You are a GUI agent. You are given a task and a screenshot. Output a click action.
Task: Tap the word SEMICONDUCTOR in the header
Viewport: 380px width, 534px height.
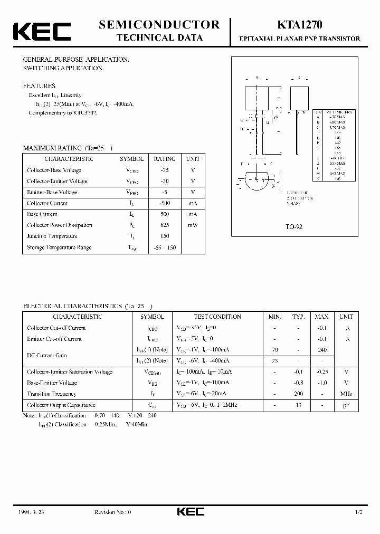pos(159,24)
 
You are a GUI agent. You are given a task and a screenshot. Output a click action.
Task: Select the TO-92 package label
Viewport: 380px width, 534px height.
pos(293,226)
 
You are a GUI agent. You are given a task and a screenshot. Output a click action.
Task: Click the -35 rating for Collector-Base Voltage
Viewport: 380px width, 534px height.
pos(165,170)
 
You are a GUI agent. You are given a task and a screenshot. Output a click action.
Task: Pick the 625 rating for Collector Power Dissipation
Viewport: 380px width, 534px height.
pos(165,225)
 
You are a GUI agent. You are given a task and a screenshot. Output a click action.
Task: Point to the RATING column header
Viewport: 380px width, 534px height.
pos(165,158)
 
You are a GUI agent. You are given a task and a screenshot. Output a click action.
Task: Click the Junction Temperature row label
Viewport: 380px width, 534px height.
pos(52,236)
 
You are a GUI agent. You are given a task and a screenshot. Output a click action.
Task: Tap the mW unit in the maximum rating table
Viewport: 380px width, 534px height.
pos(193,225)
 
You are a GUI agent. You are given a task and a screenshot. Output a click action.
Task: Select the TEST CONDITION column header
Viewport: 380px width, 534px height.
pos(217,317)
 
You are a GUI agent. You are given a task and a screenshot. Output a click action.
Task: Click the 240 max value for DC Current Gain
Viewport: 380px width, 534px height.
pos(322,350)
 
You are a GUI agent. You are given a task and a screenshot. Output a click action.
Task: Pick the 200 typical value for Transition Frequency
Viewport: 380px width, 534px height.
pos(299,394)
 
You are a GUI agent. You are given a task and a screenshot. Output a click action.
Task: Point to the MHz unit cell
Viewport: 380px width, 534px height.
pos(346,394)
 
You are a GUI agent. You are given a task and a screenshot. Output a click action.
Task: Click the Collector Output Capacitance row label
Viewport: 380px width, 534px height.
pos(61,405)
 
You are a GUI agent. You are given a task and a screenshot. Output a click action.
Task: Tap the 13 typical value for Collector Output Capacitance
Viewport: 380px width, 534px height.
pos(299,405)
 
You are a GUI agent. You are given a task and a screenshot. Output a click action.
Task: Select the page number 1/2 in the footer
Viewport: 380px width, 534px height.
pos(359,512)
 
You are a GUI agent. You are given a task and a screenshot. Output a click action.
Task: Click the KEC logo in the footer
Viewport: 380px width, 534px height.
pos(190,512)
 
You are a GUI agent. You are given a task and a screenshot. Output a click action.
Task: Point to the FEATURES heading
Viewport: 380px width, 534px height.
pos(39,85)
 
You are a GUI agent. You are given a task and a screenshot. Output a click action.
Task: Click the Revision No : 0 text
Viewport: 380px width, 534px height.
pos(112,512)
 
